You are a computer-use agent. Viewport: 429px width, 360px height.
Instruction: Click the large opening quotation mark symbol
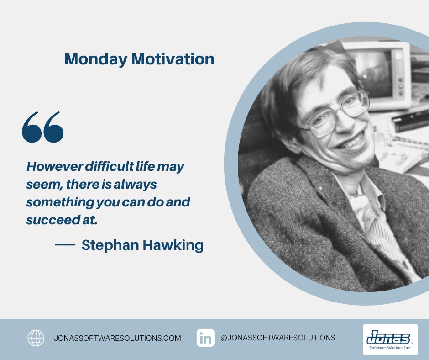tap(43, 127)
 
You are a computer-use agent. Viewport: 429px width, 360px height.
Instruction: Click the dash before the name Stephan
tap(65, 245)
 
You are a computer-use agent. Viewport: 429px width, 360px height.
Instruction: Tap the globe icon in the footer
tap(36, 338)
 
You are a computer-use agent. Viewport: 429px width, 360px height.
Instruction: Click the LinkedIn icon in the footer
tap(206, 338)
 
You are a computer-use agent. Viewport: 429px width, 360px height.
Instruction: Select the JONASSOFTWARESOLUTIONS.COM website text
tap(117, 339)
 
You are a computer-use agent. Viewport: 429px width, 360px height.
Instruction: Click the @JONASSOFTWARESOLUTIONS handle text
tap(277, 338)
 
